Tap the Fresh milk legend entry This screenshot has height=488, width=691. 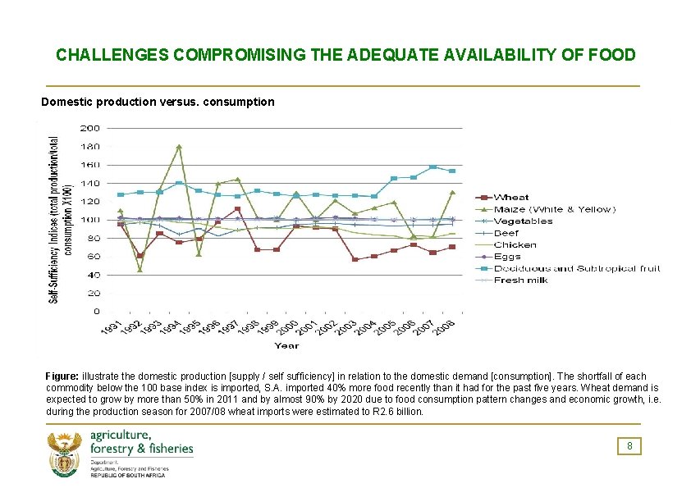point(518,280)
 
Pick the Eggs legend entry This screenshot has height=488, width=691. point(508,257)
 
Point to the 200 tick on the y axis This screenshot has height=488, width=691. point(90,128)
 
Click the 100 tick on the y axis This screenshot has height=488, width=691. point(90,220)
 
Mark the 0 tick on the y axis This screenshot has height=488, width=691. point(96,312)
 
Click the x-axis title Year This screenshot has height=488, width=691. point(286,346)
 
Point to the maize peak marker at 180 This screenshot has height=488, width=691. point(179,147)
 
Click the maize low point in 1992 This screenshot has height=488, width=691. point(140,270)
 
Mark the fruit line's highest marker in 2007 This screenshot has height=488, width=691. point(432,167)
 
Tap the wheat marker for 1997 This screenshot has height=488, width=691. point(237,209)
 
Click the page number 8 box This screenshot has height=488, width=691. point(629,446)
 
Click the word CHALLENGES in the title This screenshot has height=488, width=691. point(112,55)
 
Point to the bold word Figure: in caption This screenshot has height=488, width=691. point(62,375)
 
